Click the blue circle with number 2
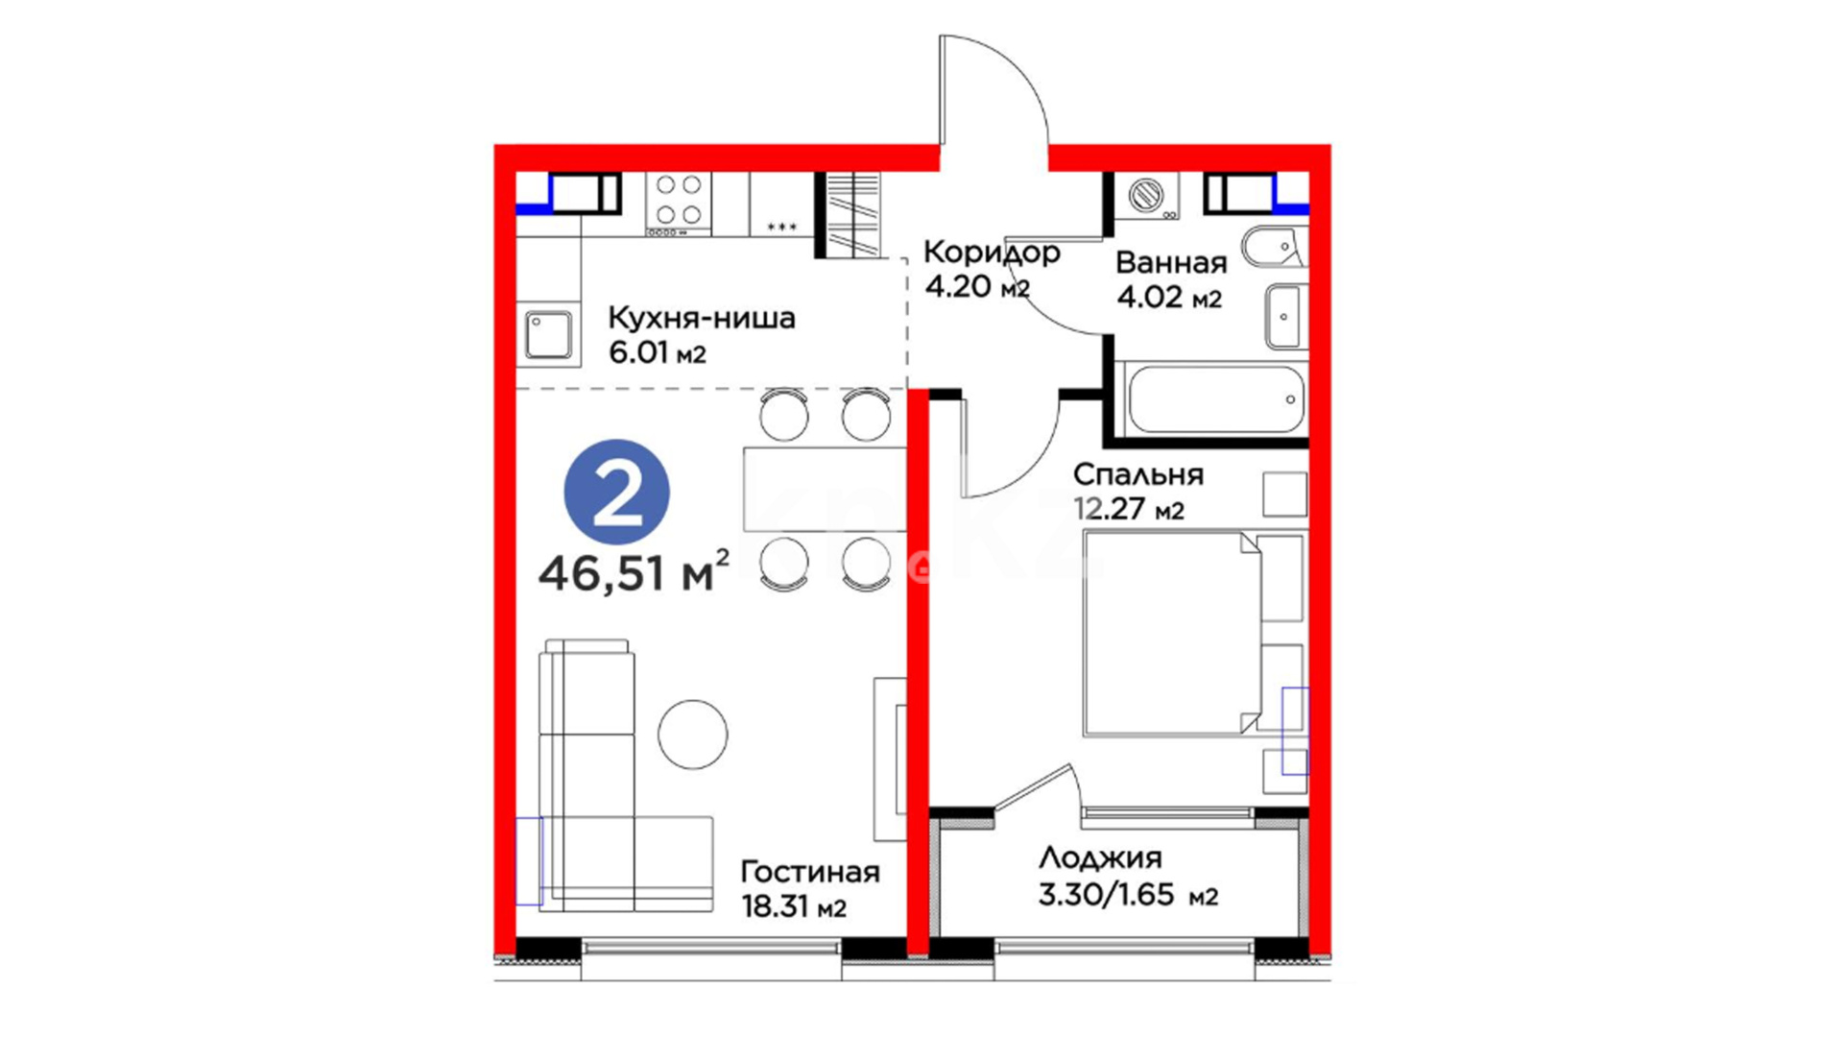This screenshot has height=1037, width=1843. [617, 493]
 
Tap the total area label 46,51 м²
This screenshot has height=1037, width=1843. [634, 573]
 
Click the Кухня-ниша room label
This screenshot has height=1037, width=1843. [702, 318]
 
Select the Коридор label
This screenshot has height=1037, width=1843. [992, 253]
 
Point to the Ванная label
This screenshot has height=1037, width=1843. [1171, 262]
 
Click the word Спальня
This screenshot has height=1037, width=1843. [1138, 474]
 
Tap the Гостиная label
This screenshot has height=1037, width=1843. [810, 872]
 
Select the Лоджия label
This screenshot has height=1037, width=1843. [1100, 857]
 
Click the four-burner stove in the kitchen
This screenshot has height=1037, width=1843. [679, 204]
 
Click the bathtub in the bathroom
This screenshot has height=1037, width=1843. [1215, 399]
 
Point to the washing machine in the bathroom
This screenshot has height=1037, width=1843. [1146, 196]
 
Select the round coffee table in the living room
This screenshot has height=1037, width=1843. [692, 735]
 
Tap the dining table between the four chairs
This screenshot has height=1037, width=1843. [825, 489]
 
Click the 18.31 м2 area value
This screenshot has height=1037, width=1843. [794, 906]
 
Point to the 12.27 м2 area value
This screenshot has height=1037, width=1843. [1129, 508]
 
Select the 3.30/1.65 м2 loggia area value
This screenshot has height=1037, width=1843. [1128, 895]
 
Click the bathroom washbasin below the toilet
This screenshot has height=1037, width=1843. [1286, 316]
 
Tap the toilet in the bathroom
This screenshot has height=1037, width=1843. [1275, 248]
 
